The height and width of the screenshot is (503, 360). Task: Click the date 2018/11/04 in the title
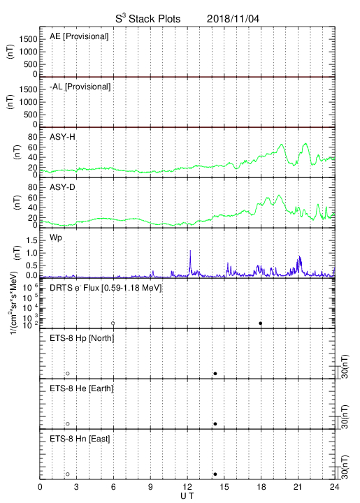tap(233, 19)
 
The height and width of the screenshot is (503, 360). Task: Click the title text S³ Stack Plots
tap(148, 18)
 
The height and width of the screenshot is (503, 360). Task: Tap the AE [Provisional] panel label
tap(79, 36)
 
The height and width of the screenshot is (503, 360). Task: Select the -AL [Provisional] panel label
tap(80, 87)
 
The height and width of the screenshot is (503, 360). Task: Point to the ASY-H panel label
tap(62, 137)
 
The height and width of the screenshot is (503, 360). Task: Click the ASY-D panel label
tap(62, 187)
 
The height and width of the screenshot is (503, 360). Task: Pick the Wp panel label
tap(55, 238)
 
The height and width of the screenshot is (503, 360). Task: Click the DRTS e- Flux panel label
tap(106, 288)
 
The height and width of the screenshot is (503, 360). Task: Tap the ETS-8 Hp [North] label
tap(82, 338)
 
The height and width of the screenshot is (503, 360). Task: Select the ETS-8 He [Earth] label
tap(82, 388)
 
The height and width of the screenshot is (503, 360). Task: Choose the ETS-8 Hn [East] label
tap(80, 439)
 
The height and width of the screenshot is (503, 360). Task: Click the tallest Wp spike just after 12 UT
tap(190, 251)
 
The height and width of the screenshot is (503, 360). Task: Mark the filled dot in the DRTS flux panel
tap(261, 323)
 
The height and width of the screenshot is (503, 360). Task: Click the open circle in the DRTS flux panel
tap(113, 323)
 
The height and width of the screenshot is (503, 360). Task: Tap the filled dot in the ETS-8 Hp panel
tap(215, 373)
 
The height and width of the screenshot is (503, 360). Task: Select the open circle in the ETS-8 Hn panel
tap(68, 474)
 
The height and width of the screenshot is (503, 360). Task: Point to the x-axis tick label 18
tap(261, 487)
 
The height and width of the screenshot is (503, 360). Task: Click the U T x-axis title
tap(187, 496)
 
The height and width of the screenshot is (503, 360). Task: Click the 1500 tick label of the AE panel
tap(28, 39)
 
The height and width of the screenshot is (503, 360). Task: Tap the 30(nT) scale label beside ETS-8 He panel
tap(345, 417)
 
